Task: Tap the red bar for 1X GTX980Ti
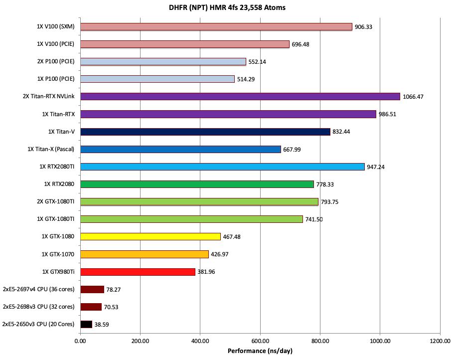point(138,272)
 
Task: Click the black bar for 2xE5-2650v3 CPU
point(86,324)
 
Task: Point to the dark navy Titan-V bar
point(205,132)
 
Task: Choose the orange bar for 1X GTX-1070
point(144,254)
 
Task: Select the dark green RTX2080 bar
point(197,184)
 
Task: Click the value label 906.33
point(364,27)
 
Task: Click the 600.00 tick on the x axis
point(260,342)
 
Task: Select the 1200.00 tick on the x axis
point(439,342)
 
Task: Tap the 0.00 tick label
point(80,342)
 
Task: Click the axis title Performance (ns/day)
point(260,351)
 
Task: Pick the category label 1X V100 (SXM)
point(55,26)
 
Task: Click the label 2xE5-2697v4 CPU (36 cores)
point(38,289)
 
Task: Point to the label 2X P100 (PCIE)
point(55,61)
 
